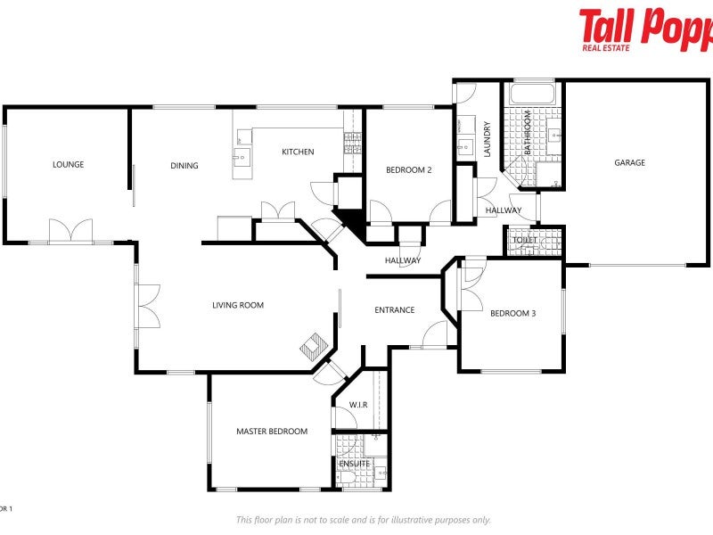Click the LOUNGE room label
coord(68,164)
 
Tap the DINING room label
coord(184,166)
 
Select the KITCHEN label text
coord(298,152)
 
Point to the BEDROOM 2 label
coord(408,169)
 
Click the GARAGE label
coord(629,162)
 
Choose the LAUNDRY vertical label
coord(488,139)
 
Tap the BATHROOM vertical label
coord(528,133)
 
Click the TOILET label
coord(524,240)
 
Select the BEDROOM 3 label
coord(512,312)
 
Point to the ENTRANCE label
coord(394,310)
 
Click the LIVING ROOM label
coord(238,305)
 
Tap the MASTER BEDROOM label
coord(271,432)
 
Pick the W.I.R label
coord(358,405)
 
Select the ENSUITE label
coord(354,464)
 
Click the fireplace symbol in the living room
coord(313,344)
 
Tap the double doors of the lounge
coord(70,231)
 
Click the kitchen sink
coord(242,159)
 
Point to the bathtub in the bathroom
coord(532,93)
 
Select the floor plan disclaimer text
coord(363,520)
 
